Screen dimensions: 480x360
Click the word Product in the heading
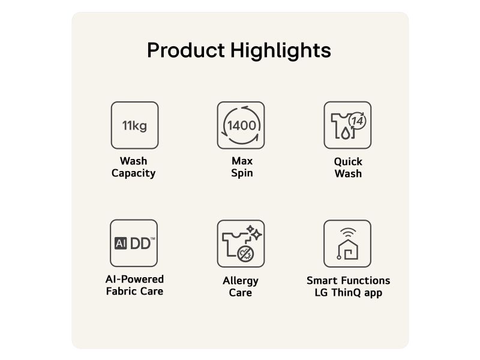[186, 50]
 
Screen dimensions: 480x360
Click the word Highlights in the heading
[281, 50]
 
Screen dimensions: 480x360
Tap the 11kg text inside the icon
[134, 126]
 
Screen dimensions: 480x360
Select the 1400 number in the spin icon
[242, 125]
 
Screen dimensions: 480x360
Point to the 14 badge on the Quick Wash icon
[358, 121]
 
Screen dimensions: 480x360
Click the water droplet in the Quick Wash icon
[346, 133]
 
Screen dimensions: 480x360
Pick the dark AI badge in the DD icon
[121, 244]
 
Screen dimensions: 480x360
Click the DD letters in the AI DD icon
[140, 244]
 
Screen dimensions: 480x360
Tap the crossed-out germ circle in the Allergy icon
[245, 254]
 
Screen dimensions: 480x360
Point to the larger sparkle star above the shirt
[257, 235]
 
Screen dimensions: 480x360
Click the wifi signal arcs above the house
[348, 232]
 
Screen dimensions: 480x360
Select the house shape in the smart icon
[348, 250]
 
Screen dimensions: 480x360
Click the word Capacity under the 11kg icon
[133, 173]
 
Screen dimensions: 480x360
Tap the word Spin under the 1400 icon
[242, 173]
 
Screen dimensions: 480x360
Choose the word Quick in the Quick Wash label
[348, 161]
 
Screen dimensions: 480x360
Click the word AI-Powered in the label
[134, 279]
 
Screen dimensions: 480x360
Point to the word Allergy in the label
[241, 281]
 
